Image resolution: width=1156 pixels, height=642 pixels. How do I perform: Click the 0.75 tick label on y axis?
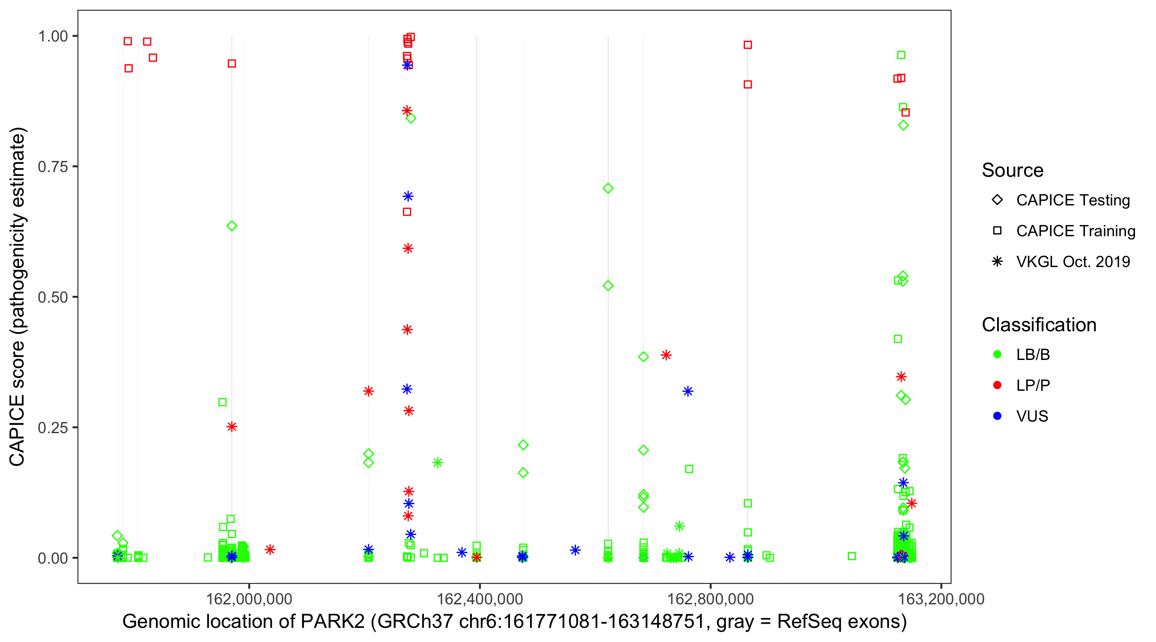click(x=52, y=167)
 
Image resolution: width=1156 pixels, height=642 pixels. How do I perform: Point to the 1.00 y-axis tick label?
click(x=52, y=36)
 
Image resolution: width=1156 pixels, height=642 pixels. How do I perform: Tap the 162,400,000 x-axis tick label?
click(x=480, y=599)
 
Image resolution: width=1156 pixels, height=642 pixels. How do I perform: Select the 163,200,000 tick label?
click(x=941, y=599)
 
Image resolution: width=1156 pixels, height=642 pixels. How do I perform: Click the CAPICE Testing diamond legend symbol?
click(x=997, y=200)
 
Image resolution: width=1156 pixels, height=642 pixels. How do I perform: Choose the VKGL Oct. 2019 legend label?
click(x=1073, y=262)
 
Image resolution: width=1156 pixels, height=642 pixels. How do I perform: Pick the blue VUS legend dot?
click(x=997, y=416)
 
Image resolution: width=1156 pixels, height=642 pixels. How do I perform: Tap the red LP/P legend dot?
click(x=997, y=385)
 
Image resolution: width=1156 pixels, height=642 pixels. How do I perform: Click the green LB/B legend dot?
click(x=997, y=355)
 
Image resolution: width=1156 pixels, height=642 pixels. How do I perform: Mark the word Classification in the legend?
click(x=1039, y=325)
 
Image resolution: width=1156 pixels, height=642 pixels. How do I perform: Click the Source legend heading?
click(x=1013, y=170)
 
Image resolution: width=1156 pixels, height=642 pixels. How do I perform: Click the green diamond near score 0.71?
click(x=608, y=188)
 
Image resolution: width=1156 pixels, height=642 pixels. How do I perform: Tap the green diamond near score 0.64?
click(x=232, y=226)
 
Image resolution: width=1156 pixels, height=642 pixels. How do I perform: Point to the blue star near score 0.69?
click(x=408, y=196)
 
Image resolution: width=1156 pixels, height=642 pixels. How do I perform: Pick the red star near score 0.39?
click(x=666, y=355)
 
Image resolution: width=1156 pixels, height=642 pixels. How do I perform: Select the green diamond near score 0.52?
click(x=608, y=286)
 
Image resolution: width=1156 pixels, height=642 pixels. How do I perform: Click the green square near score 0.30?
click(x=222, y=402)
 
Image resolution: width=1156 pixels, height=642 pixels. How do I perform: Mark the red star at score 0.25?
click(x=232, y=427)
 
